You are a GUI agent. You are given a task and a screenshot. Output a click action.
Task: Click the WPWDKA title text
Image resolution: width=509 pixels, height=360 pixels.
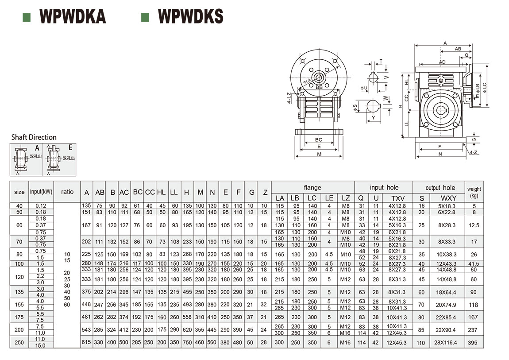click(73, 16)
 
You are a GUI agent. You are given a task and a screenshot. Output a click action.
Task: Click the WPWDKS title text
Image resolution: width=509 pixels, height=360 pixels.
click(190, 16)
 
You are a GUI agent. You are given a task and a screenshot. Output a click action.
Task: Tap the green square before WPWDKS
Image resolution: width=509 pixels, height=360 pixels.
click(144, 17)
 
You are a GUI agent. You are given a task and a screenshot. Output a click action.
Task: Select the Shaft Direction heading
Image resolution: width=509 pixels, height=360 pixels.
click(34, 137)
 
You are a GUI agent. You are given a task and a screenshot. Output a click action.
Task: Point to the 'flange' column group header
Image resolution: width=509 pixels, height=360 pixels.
click(312, 187)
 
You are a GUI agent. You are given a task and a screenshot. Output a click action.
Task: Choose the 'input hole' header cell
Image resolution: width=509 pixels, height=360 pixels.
click(384, 187)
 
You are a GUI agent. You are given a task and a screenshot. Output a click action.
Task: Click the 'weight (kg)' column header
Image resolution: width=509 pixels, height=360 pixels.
click(474, 192)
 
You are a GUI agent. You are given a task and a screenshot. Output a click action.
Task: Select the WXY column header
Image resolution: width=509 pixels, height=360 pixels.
click(449, 198)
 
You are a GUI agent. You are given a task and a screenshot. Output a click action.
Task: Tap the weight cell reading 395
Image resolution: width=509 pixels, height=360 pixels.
click(474, 343)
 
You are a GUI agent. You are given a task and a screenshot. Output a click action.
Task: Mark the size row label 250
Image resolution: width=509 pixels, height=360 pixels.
click(19, 342)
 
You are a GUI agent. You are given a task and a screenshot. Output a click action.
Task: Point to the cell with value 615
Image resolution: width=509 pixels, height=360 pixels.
click(87, 342)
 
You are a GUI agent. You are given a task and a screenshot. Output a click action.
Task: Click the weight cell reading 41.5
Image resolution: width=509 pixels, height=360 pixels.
click(474, 264)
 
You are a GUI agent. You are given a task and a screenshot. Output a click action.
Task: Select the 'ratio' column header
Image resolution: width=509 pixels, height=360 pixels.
click(67, 192)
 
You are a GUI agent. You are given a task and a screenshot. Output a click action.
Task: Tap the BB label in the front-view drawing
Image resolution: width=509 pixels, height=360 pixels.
click(319, 88)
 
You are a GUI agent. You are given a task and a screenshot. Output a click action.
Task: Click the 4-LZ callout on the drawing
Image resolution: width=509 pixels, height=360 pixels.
click(289, 98)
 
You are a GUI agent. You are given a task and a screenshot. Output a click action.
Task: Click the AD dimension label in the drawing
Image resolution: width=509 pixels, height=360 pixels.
click(442, 62)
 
